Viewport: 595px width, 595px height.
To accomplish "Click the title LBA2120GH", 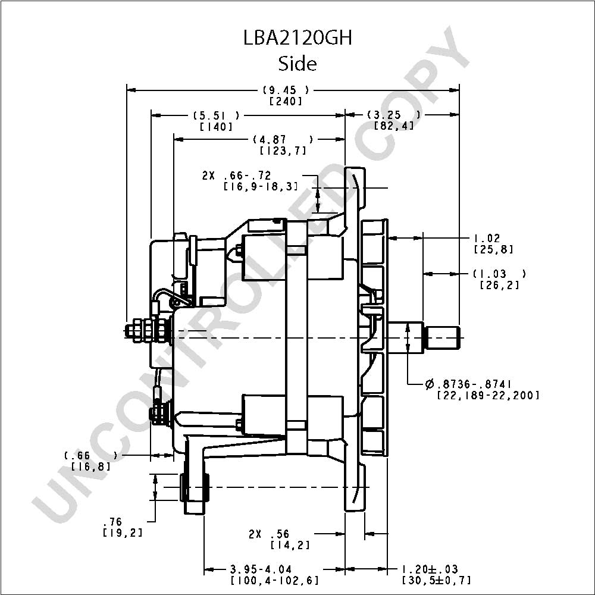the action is (298, 38).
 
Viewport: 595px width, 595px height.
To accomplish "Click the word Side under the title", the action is (297, 64).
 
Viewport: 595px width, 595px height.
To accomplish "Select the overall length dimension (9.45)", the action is (286, 90).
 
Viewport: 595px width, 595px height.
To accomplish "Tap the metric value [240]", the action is (286, 101).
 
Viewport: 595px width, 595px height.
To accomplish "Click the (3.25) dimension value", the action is (394, 115).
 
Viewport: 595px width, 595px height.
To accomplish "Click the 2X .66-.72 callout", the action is (236, 176).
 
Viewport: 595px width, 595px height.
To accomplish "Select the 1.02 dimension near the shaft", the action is (487, 239).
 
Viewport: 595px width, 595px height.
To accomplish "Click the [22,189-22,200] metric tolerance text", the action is (488, 396).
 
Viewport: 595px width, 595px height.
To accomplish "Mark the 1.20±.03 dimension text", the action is (430, 569).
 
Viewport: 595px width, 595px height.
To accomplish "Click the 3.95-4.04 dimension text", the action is (261, 569).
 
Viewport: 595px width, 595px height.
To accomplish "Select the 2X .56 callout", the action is (269, 534).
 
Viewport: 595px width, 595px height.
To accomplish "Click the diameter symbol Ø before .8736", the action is (430, 384).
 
